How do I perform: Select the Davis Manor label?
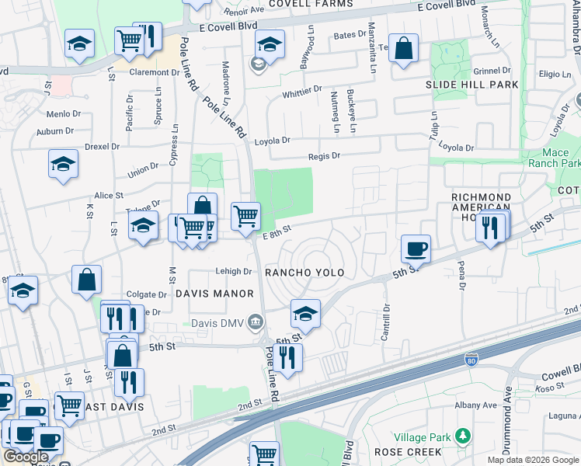(214, 294)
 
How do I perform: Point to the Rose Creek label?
(408, 451)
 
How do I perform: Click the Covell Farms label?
(311, 4)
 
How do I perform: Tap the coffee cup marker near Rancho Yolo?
(416, 249)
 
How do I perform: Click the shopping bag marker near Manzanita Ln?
(403, 48)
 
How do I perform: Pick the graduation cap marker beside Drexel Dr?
(63, 164)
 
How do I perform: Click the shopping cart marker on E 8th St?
(245, 215)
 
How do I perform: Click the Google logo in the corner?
(26, 457)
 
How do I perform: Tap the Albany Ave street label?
(475, 405)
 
